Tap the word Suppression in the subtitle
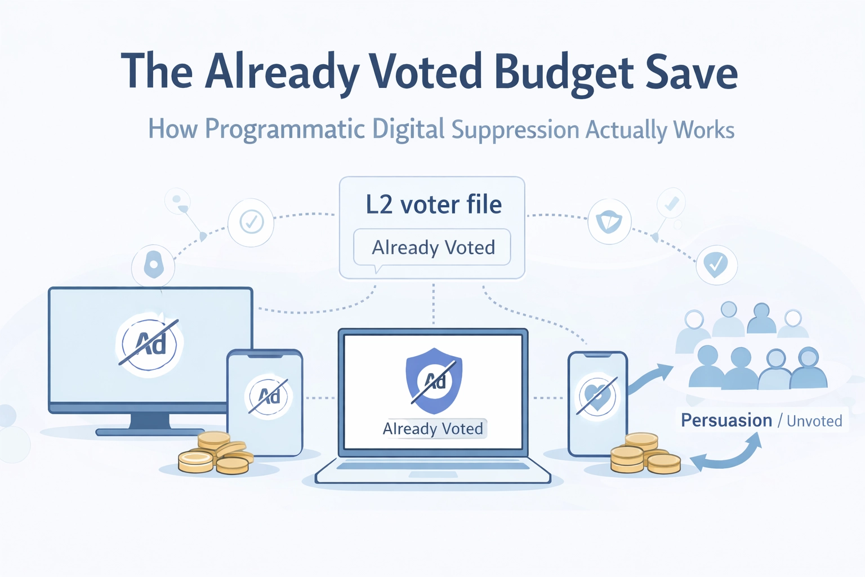point(515,130)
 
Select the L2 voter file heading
point(433,204)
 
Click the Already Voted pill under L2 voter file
point(432,247)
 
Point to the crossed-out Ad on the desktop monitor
point(149,343)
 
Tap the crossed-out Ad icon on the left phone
point(268,396)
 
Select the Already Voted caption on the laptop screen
point(433,429)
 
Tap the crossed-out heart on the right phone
point(598,395)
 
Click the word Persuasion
point(726,420)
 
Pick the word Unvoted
point(814,421)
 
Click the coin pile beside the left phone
point(215,453)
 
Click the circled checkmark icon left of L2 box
point(251,222)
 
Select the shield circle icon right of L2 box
point(609,221)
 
